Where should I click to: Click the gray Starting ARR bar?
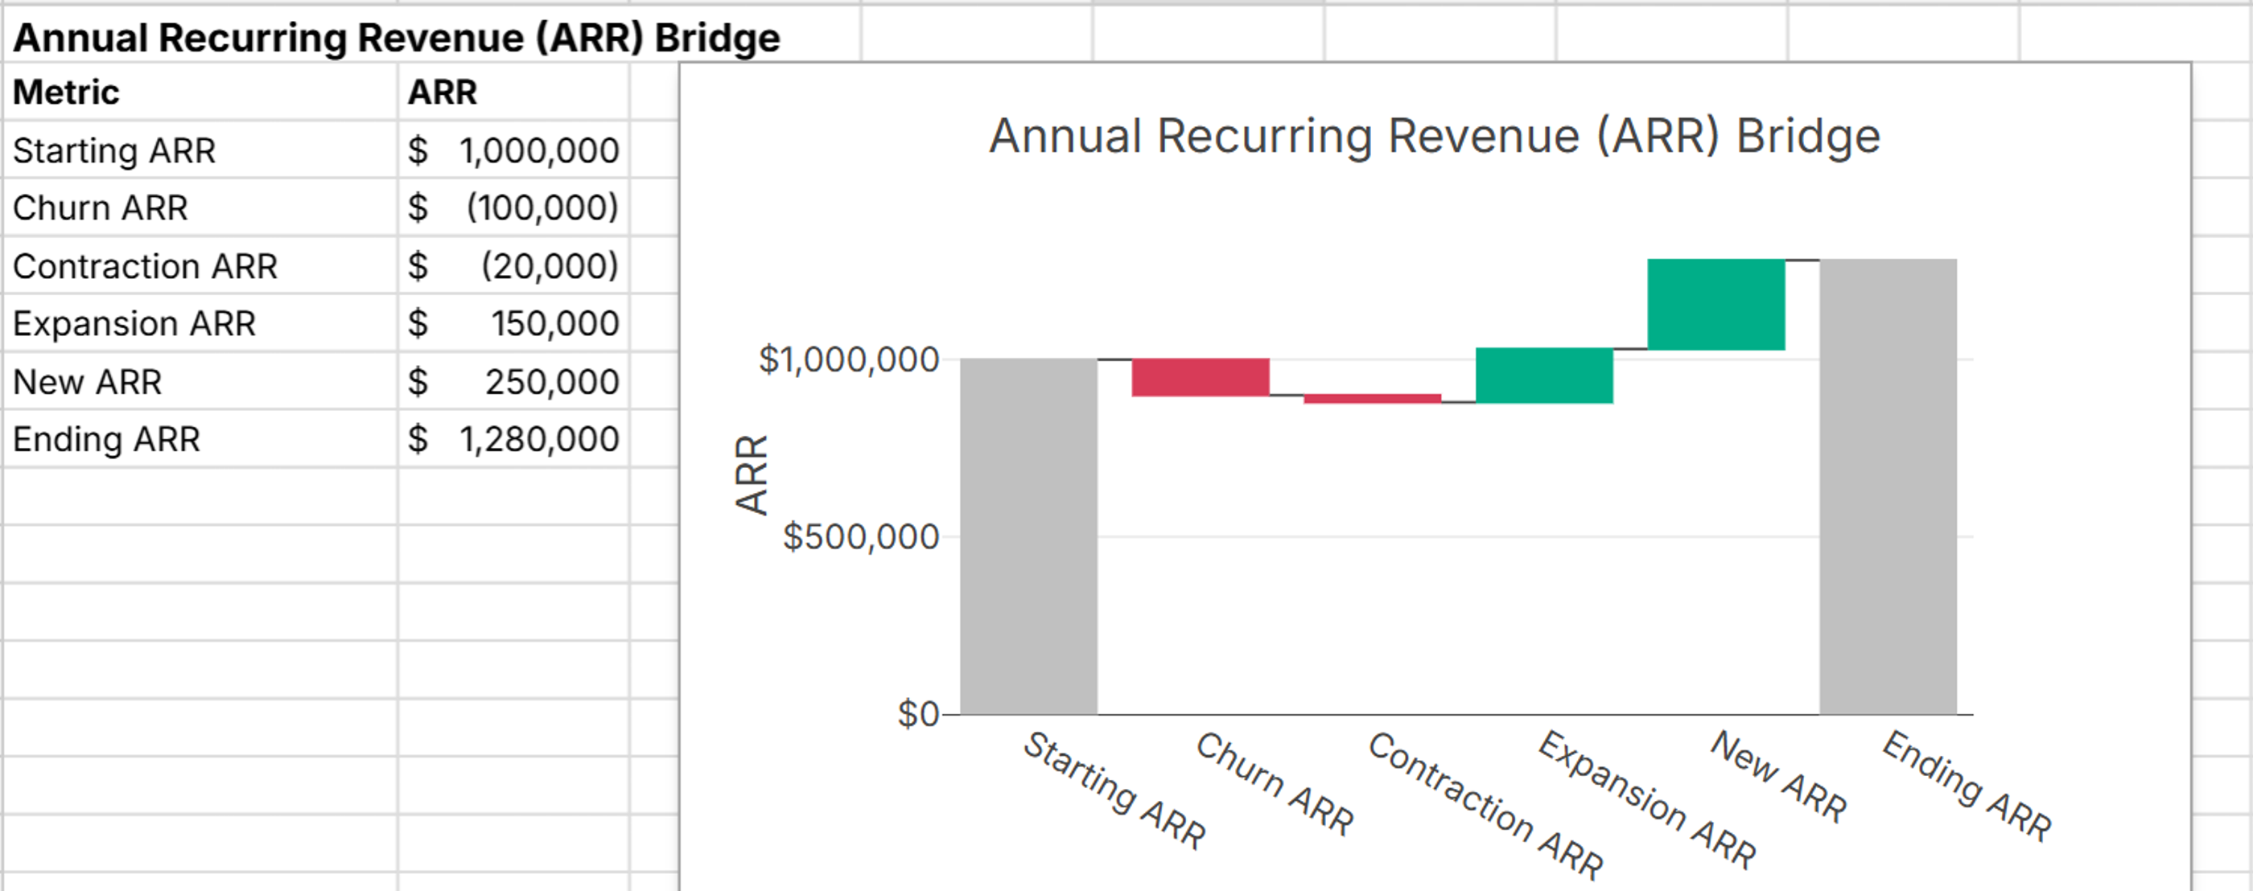1028,536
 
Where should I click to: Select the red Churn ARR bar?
1200,377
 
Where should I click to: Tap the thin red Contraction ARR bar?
1372,399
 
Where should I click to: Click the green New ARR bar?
1716,304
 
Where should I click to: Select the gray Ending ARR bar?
1888,487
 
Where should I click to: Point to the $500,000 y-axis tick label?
861,536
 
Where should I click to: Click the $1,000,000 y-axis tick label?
848,359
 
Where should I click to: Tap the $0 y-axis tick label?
917,714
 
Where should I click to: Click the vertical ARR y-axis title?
751,474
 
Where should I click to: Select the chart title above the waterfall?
1435,137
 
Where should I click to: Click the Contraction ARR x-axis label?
1485,804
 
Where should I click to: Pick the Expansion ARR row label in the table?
134,323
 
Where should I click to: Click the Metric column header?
67,92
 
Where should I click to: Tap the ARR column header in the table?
443,92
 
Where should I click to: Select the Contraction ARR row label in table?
145,266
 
